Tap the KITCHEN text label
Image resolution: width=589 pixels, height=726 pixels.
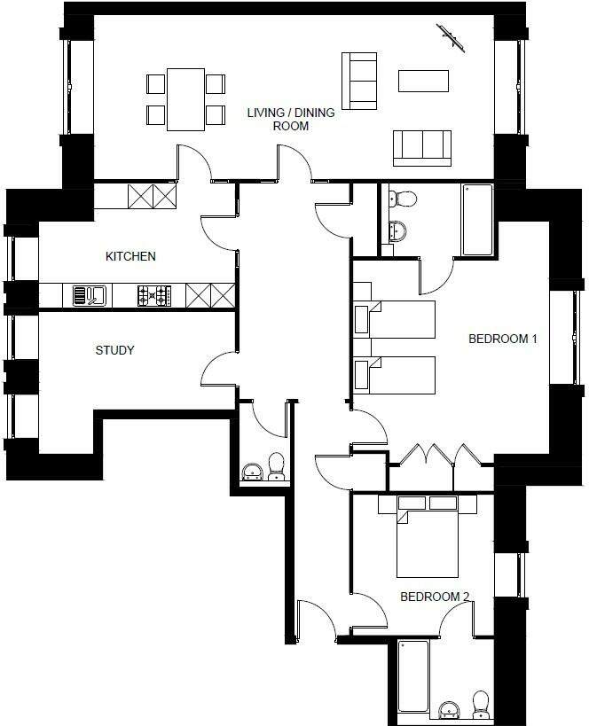pyautogui.click(x=130, y=257)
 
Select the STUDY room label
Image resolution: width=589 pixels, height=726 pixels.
pyautogui.click(x=114, y=350)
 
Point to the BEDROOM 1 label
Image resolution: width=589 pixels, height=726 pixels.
pyautogui.click(x=503, y=339)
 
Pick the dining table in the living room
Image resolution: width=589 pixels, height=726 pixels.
pyautogui.click(x=185, y=98)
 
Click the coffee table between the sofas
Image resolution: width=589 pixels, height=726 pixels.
pyautogui.click(x=424, y=81)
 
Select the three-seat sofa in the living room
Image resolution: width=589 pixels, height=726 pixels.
pyautogui.click(x=422, y=146)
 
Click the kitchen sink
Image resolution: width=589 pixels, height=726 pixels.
pyautogui.click(x=90, y=294)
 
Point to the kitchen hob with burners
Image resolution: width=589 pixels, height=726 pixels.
pyautogui.click(x=154, y=294)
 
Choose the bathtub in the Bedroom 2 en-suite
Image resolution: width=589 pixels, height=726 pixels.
pyautogui.click(x=414, y=678)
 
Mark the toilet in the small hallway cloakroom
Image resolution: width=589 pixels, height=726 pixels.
pyautogui.click(x=277, y=466)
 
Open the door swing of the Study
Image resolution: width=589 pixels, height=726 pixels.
pyautogui.click(x=218, y=369)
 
